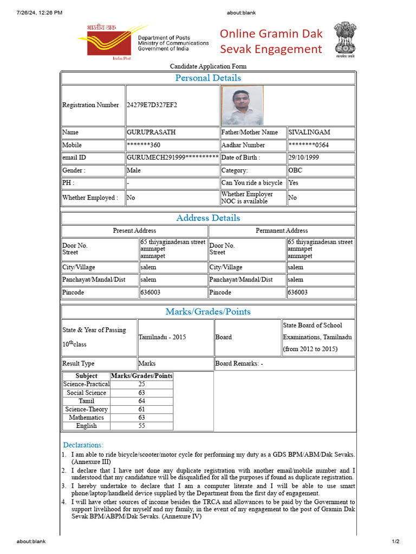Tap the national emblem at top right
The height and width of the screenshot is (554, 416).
coord(344,39)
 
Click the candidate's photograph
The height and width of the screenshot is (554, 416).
coord(242,105)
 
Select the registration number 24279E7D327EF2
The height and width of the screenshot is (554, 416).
coord(152,105)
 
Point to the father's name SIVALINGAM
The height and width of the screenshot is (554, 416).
coord(309,132)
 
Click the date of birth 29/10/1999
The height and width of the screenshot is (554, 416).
coord(304,157)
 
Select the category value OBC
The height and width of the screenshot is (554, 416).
coord(296,170)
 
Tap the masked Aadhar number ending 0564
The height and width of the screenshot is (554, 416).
coord(309,145)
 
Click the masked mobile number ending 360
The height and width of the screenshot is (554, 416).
coord(144,145)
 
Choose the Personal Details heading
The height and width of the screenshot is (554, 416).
coord(208,78)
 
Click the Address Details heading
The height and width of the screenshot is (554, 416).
coord(208,218)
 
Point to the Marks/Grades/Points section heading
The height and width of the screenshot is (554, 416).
coord(208,312)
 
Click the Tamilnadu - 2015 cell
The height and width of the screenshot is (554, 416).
coord(162,337)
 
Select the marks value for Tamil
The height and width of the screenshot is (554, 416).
coord(142,401)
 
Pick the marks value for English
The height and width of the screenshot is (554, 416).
coord(142,426)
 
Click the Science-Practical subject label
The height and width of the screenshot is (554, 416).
coord(87,384)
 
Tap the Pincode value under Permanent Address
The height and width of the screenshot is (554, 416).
coord(298,292)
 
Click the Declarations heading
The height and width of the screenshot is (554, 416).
coord(83,445)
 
